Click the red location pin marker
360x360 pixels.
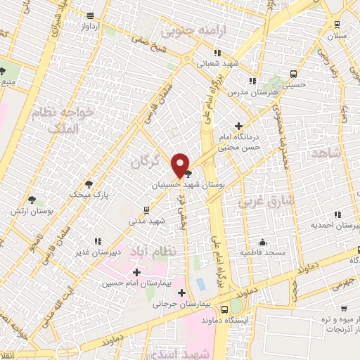pyautogui.click(x=180, y=165)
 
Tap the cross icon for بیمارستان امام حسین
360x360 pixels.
pyautogui.click(x=136, y=271)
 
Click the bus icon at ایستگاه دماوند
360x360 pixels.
pyautogui.click(x=224, y=309)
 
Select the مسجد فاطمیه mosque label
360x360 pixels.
pyautogui.click(x=262, y=251)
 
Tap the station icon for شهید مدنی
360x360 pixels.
pyautogui.click(x=146, y=209)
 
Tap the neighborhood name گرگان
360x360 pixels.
pyautogui.click(x=146, y=162)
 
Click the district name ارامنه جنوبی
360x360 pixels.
pyautogui.click(x=188, y=30)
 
